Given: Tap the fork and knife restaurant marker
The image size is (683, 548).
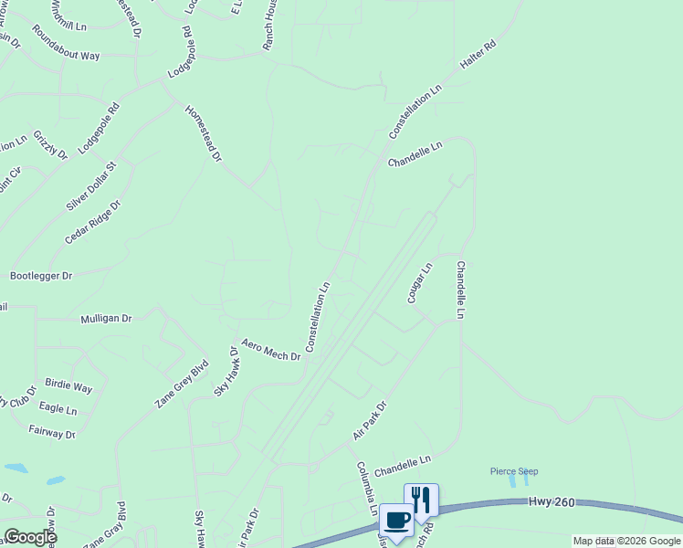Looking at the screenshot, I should point(421,500).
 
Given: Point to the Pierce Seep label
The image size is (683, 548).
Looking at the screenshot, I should point(514,471).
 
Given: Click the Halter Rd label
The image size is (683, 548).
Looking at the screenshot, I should point(478,58).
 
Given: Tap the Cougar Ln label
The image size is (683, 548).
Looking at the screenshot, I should point(419,283).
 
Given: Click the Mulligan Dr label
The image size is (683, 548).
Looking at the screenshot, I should point(106,320).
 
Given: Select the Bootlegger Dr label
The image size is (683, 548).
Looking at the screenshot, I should point(41,275).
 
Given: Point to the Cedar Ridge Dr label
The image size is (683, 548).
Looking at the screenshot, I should point(92,222).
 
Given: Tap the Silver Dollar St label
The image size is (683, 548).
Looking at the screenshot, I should point(91,186).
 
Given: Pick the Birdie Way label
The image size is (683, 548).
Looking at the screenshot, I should point(68,387).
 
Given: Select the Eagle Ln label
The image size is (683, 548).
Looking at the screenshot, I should point(58,408).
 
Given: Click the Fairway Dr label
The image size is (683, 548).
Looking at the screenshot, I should point(52,432).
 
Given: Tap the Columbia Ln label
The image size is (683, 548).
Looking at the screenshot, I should point(367,488).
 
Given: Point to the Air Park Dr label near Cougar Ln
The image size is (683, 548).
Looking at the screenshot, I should point(370,420).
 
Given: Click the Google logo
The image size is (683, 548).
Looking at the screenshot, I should point(30,537).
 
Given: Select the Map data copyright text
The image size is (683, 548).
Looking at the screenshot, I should point(626,541).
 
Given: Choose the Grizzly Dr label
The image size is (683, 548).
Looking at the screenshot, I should point(50,145).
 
